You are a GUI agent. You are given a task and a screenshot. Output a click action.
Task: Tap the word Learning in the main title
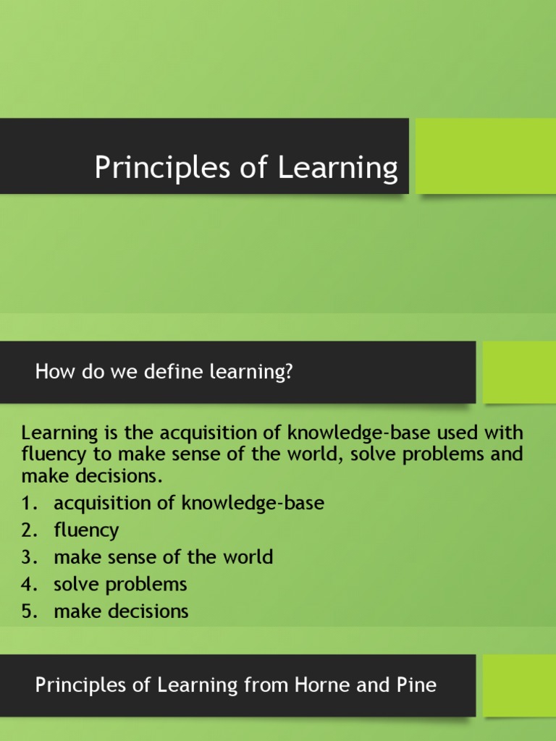coord(337,168)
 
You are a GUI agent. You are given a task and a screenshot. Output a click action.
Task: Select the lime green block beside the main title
coord(486,156)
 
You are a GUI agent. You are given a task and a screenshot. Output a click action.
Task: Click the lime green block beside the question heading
coord(519,372)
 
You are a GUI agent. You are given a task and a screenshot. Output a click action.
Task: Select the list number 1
coord(28,504)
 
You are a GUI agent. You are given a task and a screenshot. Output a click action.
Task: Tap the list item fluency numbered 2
coord(86,530)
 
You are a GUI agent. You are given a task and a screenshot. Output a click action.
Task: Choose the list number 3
coord(28,557)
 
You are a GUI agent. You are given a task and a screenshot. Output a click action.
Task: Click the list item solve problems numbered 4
coord(120,584)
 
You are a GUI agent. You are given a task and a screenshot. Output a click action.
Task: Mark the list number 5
coord(28,611)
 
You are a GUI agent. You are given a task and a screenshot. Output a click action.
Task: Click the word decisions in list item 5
coord(150,611)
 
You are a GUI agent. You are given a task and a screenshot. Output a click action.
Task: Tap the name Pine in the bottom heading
coord(416,684)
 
